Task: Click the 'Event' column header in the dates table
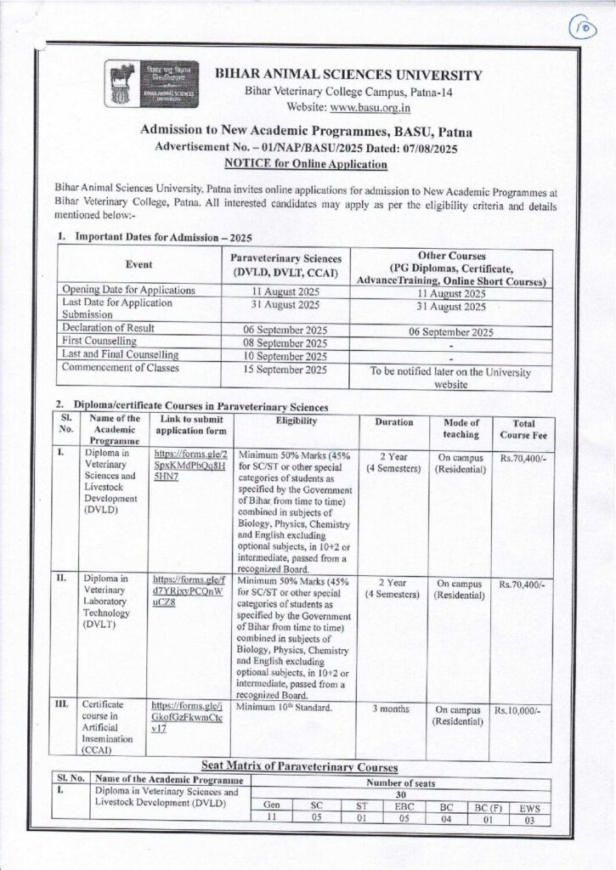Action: coord(139,264)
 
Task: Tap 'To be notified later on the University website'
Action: coord(450,377)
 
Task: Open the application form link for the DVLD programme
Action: coord(186,467)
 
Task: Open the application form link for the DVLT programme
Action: coord(186,594)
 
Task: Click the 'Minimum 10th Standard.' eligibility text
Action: coord(282,706)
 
